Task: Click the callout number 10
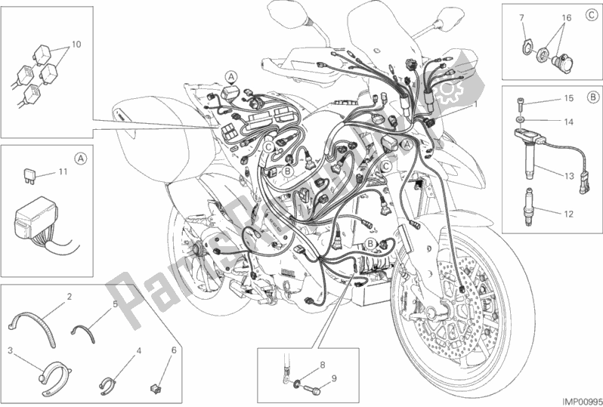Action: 76,45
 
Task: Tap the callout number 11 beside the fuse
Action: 63,171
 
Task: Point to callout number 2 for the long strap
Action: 70,297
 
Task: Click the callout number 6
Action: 174,350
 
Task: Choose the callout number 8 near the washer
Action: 323,365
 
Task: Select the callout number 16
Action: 566,17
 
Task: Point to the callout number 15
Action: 569,98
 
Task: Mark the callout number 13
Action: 569,177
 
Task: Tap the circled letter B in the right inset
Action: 592,97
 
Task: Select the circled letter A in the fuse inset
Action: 79,158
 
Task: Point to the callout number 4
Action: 139,350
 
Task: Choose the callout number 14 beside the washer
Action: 569,122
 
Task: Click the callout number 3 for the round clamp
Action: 11,350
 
